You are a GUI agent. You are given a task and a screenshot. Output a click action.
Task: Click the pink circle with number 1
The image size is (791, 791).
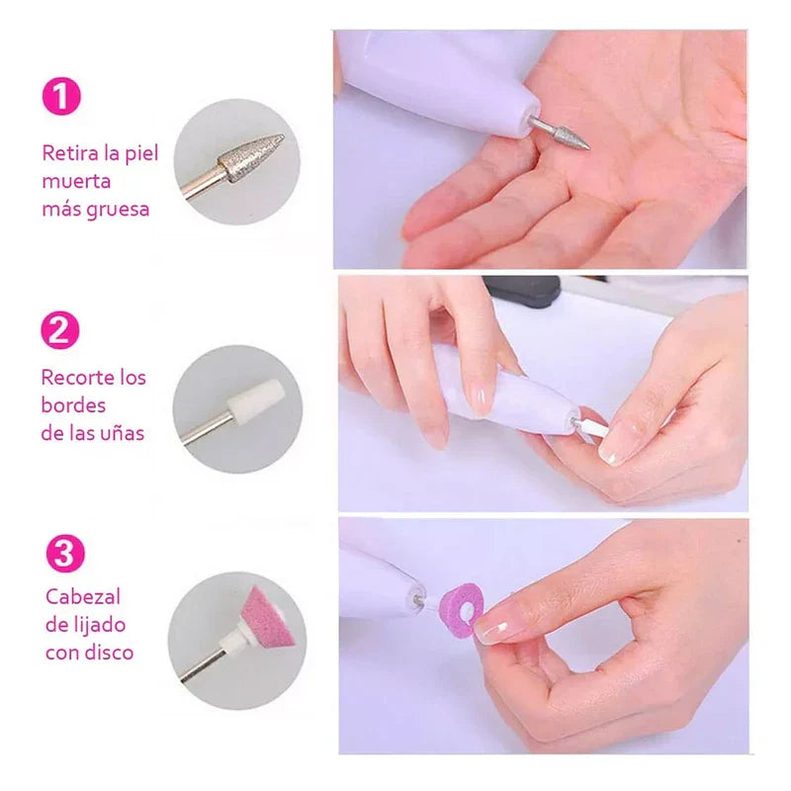pos(60,97)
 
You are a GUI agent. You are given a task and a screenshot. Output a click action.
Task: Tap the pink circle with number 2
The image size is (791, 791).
pos(60,329)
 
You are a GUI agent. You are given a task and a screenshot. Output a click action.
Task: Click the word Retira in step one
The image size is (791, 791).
pos(67,153)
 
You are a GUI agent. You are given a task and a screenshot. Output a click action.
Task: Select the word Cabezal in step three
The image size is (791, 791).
pos(84,598)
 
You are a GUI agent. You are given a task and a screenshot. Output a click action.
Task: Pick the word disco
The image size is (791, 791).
pos(109,653)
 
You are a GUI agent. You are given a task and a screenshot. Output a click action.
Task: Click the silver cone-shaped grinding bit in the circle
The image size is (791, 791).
pos(251,157)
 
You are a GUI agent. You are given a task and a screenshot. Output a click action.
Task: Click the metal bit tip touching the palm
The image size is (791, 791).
pos(570,135)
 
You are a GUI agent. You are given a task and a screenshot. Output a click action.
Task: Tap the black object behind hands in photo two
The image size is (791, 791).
pos(523,290)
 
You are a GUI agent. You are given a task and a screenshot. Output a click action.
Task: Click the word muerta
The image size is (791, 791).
pos(76,182)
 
